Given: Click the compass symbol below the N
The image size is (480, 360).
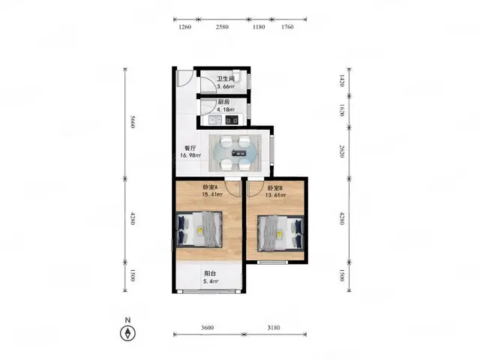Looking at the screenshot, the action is pos(127,333).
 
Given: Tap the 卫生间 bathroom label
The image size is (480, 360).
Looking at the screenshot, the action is pos(226,79).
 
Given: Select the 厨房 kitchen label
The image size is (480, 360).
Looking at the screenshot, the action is pos(223,102).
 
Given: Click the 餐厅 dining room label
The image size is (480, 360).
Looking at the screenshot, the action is pos(190,148).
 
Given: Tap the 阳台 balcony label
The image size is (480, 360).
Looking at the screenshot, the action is pos(210,273).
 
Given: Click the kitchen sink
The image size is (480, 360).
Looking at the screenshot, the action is pos(215,120).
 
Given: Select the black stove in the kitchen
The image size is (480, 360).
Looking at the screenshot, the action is pos(232,120).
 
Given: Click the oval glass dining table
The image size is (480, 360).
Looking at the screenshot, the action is pos(235,153).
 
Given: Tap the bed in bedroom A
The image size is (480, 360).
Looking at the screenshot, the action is pos(199,229).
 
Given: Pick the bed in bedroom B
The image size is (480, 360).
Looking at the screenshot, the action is pos(280,233).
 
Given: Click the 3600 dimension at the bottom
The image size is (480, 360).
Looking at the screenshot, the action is pos(207,328).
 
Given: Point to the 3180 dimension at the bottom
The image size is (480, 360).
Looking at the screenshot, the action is pos(274,328).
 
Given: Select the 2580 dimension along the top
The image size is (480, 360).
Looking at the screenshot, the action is pos(222,27).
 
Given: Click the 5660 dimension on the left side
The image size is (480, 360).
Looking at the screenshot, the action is pos(132,121).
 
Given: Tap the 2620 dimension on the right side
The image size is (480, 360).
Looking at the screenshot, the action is pos(342,151).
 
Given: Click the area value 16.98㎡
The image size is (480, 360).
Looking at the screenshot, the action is pos(190,155).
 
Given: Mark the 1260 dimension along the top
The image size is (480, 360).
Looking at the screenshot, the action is pos(184,27).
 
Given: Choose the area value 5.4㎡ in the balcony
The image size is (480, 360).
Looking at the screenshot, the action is pos(211,281).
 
